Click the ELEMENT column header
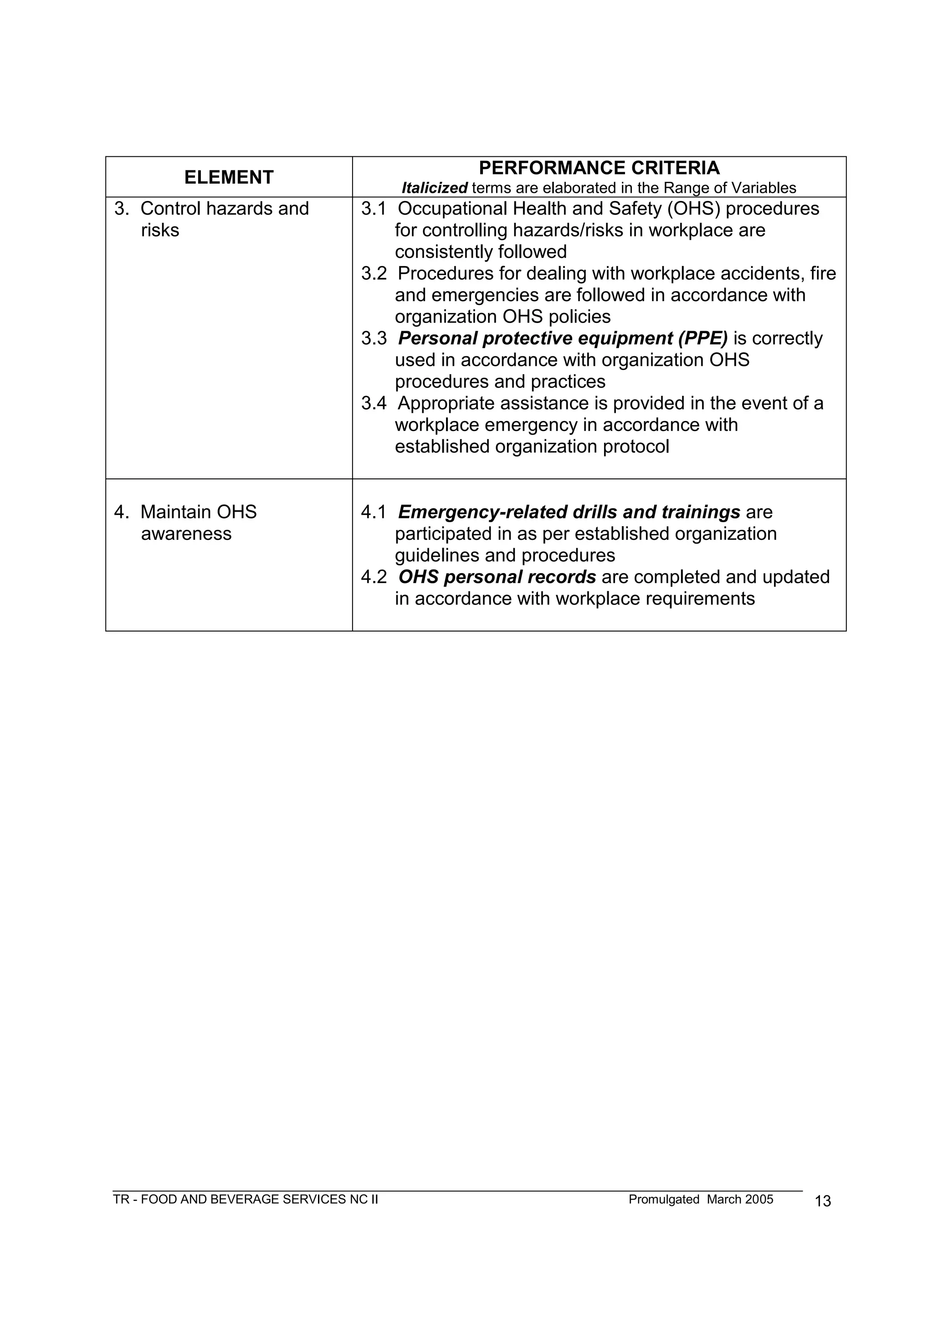tap(229, 178)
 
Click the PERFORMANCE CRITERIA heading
tap(599, 168)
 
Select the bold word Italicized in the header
tap(434, 188)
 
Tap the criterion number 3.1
tap(374, 209)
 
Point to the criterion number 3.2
tap(374, 273)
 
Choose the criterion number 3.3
tap(374, 339)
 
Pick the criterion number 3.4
tap(374, 403)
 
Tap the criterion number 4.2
tap(374, 577)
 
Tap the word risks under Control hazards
tap(160, 231)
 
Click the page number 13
tap(823, 1201)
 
